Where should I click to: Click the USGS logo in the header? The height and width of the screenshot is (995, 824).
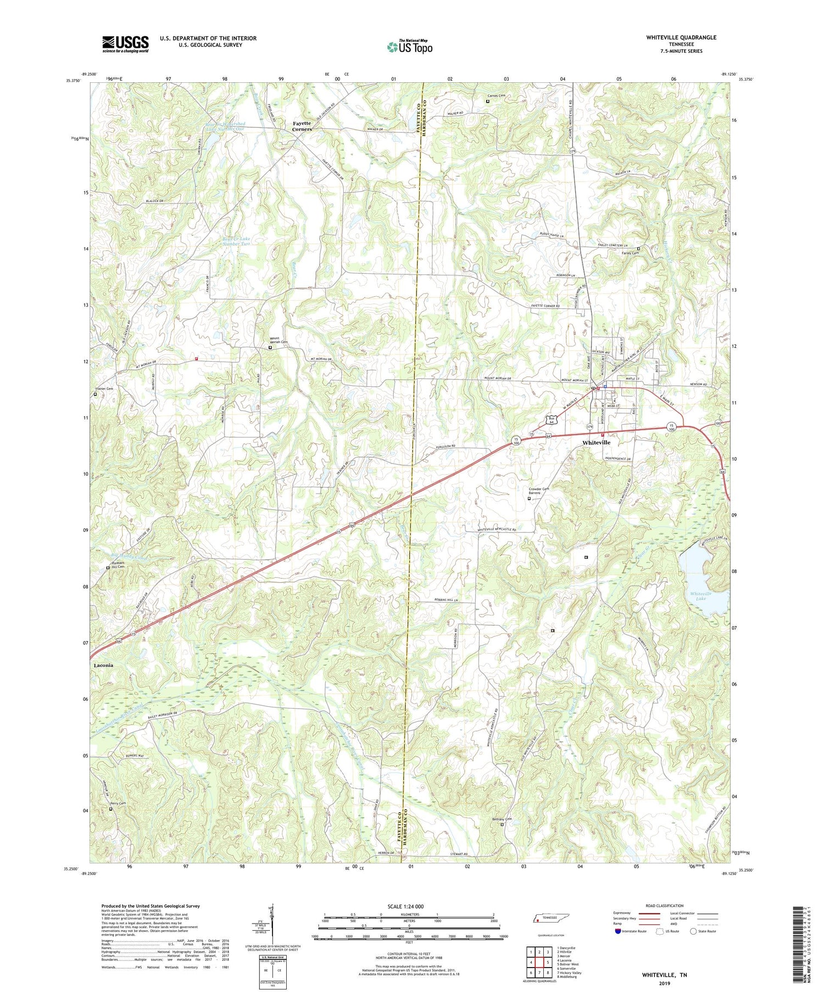pyautogui.click(x=125, y=44)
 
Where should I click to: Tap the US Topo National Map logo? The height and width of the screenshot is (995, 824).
pyautogui.click(x=410, y=47)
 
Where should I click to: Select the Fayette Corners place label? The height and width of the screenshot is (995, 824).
pyautogui.click(x=302, y=126)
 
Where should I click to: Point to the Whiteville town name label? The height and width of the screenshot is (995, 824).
pyautogui.click(x=596, y=442)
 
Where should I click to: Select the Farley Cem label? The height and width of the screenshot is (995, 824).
pyautogui.click(x=630, y=253)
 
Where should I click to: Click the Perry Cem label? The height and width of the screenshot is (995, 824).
pyautogui.click(x=117, y=803)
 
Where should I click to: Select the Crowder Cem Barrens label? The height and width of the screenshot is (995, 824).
pyautogui.click(x=538, y=491)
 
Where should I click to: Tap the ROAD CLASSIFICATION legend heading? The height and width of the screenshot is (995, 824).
pyautogui.click(x=665, y=906)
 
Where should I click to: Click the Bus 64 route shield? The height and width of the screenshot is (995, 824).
pyautogui.click(x=552, y=420)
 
